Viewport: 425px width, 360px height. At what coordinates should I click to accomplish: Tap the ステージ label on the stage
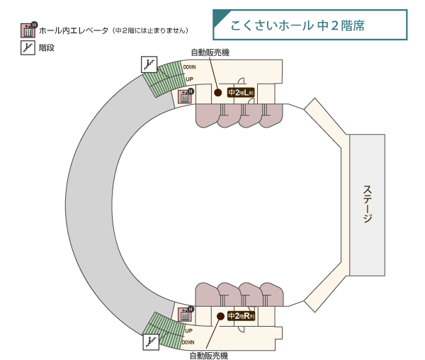[367, 204]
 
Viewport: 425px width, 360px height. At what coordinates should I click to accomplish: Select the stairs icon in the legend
[28, 48]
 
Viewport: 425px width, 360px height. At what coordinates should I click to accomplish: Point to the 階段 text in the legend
[47, 48]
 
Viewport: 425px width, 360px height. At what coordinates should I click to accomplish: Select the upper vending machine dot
[218, 92]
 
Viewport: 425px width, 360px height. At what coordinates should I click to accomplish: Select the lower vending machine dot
[220, 315]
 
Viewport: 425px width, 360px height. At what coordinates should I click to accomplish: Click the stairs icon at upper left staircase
[149, 64]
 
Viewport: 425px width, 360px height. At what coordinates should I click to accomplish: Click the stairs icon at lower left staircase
[151, 342]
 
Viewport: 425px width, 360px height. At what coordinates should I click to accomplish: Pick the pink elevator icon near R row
[186, 313]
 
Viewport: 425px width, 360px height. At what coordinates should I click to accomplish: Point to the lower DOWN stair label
[188, 342]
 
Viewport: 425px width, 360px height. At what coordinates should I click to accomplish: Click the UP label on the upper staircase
[189, 79]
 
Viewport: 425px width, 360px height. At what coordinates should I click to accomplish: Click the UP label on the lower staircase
[188, 330]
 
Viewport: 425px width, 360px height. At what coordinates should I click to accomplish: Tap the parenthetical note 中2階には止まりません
[150, 30]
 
